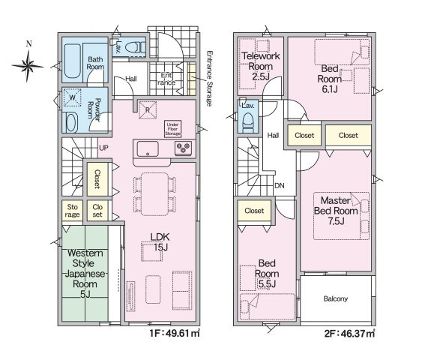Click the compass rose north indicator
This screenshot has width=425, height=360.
28,65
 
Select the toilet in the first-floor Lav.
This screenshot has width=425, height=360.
135,47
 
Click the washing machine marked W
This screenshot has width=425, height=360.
72,97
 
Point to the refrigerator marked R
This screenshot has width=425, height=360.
148,109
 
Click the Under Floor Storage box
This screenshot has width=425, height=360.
172,129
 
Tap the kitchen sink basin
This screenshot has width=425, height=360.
148,149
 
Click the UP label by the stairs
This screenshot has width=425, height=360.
103,148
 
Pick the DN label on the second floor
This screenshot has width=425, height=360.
280,185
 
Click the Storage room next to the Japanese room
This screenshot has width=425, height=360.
72,211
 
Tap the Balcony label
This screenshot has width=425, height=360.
336,298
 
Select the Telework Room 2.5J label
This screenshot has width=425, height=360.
261,67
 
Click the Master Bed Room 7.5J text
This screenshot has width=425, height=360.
336,211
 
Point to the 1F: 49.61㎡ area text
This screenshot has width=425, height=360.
175,333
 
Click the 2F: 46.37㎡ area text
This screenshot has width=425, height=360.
349,333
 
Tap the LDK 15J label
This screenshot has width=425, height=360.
160,241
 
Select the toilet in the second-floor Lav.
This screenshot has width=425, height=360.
248,122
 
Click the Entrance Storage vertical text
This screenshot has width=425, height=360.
209,79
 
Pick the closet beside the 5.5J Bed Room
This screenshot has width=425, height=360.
254,211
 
